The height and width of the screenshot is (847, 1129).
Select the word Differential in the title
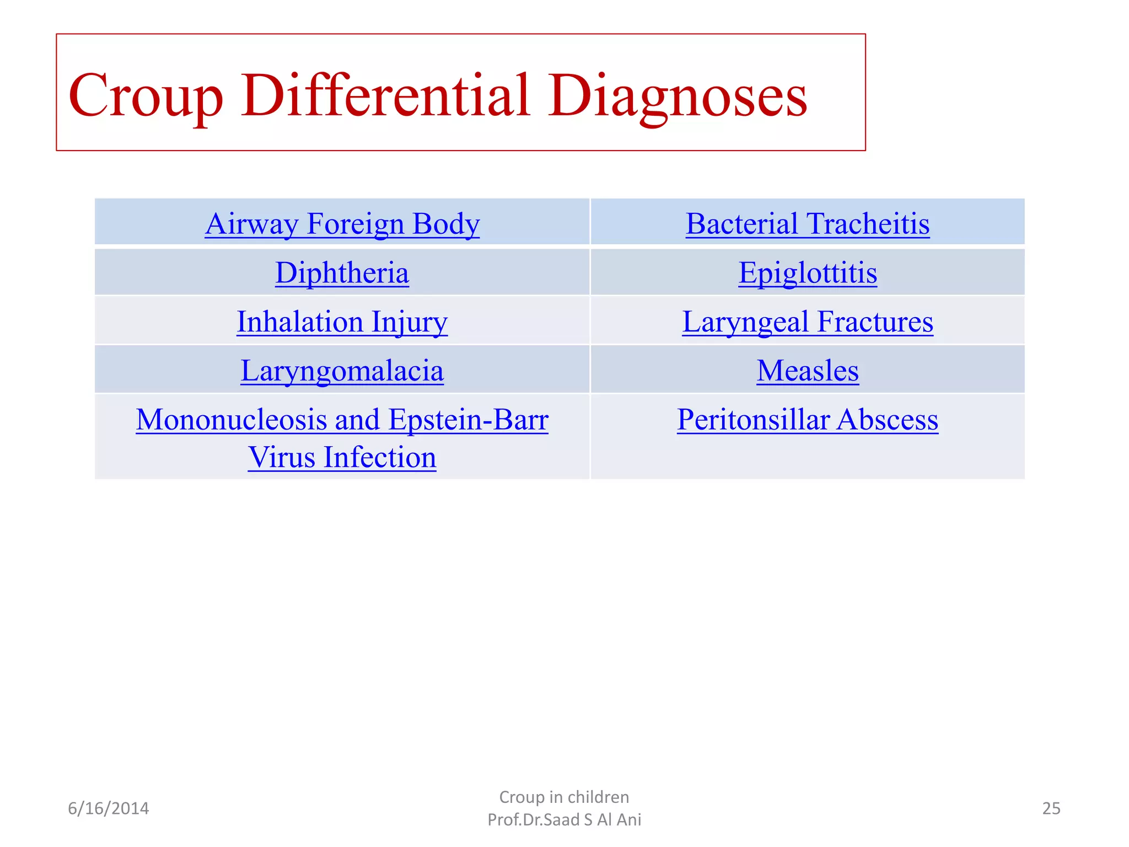pos(385,97)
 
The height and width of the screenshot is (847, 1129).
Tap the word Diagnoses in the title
pos(678,97)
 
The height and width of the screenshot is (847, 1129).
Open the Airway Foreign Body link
pos(342,224)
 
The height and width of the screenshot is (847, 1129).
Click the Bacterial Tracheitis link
pos(807,224)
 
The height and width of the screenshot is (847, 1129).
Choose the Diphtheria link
pos(342,273)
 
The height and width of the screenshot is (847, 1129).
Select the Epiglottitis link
pos(807,273)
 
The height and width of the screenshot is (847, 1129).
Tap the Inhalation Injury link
pos(342,322)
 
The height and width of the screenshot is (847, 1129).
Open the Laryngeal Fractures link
pos(807,322)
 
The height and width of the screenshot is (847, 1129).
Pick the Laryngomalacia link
pos(342,371)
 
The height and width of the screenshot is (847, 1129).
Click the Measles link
pos(807,371)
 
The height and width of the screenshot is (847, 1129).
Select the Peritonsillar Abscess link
pos(807,420)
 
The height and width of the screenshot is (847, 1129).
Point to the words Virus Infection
pos(342,457)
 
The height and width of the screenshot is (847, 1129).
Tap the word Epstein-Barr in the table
pos(469,420)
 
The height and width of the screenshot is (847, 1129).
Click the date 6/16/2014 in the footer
pos(109,808)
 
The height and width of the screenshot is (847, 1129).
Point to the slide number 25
pos(1051,808)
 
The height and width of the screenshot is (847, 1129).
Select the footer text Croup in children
pos(564,797)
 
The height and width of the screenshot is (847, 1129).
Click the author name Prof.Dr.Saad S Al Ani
pos(564,820)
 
